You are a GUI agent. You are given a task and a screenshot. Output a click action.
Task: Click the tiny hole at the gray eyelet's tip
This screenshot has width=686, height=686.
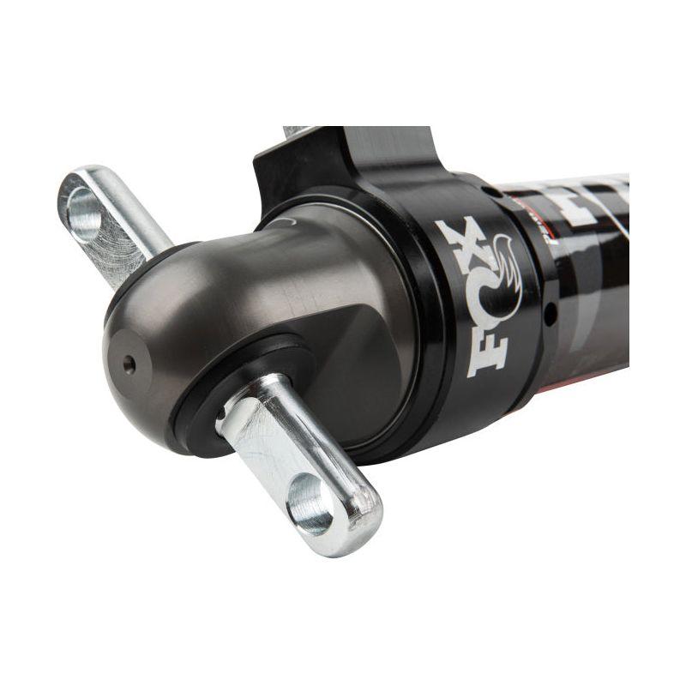click(x=129, y=364)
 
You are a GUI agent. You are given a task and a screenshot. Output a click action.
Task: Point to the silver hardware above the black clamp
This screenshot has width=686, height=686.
click(x=296, y=131)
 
